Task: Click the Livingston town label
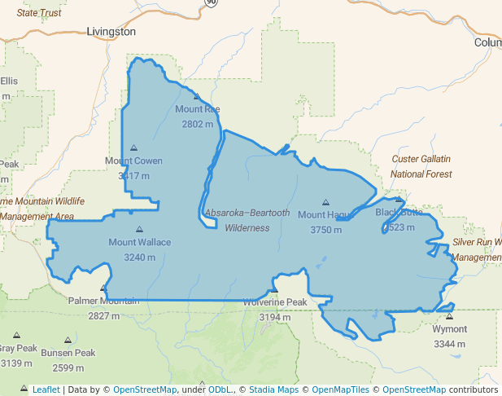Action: click(x=111, y=32)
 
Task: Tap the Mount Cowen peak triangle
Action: click(x=133, y=148)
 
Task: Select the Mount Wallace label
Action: click(x=139, y=242)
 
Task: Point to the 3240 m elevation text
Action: click(x=139, y=257)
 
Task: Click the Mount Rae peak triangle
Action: click(x=196, y=96)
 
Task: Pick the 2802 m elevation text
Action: click(x=197, y=124)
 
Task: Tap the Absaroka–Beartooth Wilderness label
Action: click(x=247, y=220)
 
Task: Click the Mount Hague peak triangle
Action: click(x=325, y=202)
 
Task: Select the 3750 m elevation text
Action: click(x=325, y=230)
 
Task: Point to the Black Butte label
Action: click(x=399, y=213)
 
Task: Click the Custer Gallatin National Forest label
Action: click(x=421, y=166)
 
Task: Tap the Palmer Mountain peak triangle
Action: click(x=103, y=288)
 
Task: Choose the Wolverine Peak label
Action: click(x=275, y=302)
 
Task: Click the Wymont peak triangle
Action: click(x=449, y=316)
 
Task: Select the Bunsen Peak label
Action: click(x=68, y=353)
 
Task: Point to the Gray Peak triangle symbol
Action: click(x=16, y=335)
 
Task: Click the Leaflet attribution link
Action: click(x=46, y=389)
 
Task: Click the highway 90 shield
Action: click(x=212, y=3)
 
